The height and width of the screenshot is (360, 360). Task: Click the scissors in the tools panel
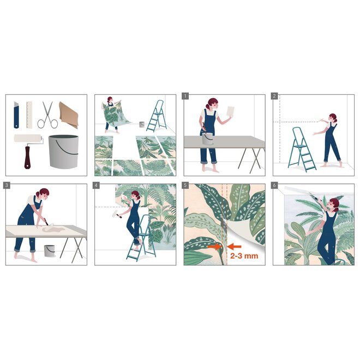[48, 115]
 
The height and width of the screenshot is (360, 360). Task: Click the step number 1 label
[185, 96]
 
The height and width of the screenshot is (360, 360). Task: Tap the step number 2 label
[275, 96]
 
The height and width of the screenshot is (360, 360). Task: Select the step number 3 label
[7, 186]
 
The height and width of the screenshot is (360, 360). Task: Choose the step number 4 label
[97, 186]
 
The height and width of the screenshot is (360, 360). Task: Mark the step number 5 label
[185, 186]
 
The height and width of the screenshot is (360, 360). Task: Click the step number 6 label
[275, 186]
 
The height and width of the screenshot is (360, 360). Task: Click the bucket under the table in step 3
[49, 250]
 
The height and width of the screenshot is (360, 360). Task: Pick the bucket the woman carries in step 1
[207, 139]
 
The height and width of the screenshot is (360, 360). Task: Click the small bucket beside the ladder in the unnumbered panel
[142, 125]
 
